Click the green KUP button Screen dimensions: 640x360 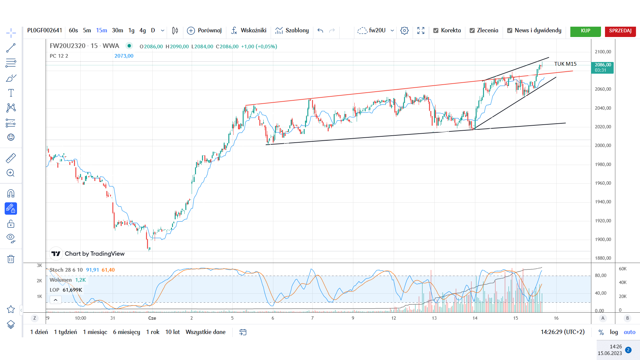pos(585,31)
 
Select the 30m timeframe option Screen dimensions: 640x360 pos(117,30)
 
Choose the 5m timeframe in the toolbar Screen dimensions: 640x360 pos(87,30)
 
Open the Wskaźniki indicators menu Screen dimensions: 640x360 pos(249,30)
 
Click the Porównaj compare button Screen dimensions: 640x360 pos(204,30)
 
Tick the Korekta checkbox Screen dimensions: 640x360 pos(436,31)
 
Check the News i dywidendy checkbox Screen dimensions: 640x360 pos(509,31)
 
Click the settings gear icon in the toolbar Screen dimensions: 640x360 pos(404,31)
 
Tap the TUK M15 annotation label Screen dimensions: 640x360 pos(565,64)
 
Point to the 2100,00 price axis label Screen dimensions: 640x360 pos(603,52)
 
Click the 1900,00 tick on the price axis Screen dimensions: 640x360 pos(603,239)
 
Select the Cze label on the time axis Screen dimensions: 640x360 pos(152,318)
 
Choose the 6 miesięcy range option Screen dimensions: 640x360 pos(126,332)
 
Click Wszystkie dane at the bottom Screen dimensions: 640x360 pos(205,332)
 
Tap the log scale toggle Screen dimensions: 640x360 pos(614,332)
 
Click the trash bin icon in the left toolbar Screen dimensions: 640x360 pos(11,259)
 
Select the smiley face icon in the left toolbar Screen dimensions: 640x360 pos(11,137)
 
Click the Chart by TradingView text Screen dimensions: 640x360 pos(95,254)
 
